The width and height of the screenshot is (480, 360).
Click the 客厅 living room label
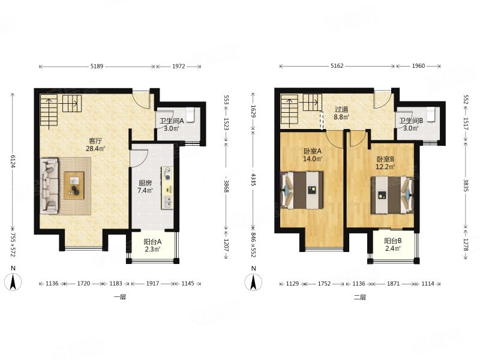coord(95,141)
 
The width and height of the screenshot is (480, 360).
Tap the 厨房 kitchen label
coord(145,183)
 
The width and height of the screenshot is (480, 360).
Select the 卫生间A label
coord(172,121)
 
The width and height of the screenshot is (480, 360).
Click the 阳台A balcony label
coord(152,242)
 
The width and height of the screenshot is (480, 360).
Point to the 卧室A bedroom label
coord(312,151)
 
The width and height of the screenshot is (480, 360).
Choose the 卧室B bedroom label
coord(385,159)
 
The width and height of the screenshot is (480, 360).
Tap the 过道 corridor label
coord(341,109)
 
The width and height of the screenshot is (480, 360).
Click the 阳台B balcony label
coord(393,241)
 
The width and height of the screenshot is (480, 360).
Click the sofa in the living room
coord(49,186)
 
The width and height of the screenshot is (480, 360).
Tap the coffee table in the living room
coord(74,185)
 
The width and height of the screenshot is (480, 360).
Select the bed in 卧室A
coord(302,190)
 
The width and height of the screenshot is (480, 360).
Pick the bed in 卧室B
coord(392,195)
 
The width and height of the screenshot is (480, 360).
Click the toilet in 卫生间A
coord(190,115)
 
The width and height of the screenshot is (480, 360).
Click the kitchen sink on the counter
coord(167,202)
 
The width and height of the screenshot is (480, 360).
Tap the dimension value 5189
coord(97,66)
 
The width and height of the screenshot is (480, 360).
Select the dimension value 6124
coord(13,160)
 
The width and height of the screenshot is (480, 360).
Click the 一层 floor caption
coord(120,297)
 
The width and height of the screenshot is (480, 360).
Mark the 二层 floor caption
coord(360,297)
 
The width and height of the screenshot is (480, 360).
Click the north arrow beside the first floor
coord(13,282)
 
